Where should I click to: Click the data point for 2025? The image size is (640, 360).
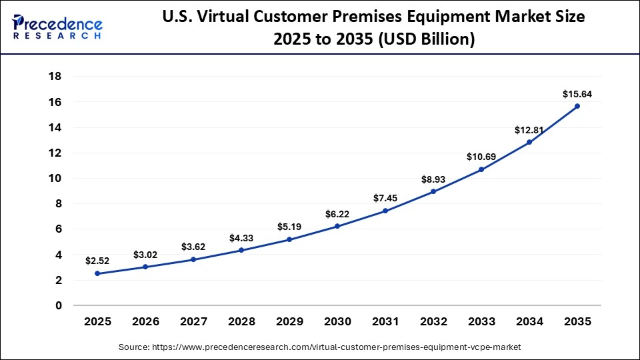pyautogui.click(x=97, y=273)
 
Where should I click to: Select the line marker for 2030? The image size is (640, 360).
pyautogui.click(x=337, y=226)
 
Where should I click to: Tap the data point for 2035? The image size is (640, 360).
pyautogui.click(x=577, y=106)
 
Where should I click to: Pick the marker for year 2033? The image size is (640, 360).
pyautogui.click(x=481, y=169)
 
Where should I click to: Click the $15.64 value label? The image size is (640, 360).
pyautogui.click(x=577, y=94)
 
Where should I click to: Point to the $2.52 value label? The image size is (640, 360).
pyautogui.click(x=97, y=261)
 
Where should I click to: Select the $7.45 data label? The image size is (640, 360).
pyautogui.click(x=385, y=198)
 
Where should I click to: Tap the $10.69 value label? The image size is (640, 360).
pyautogui.click(x=481, y=157)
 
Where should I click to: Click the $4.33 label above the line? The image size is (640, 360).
pyautogui.click(x=241, y=237)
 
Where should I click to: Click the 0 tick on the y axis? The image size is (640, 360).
pyautogui.click(x=59, y=306)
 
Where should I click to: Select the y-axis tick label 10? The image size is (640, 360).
pyautogui.click(x=55, y=179)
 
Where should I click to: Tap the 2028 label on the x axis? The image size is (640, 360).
pyautogui.click(x=241, y=321)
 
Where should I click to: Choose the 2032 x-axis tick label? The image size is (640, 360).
pyautogui.click(x=433, y=321)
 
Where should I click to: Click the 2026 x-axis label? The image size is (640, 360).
pyautogui.click(x=145, y=321)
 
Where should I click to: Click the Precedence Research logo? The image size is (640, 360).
pyautogui.click(x=57, y=27)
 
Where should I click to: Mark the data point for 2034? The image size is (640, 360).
pyautogui.click(x=529, y=142)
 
